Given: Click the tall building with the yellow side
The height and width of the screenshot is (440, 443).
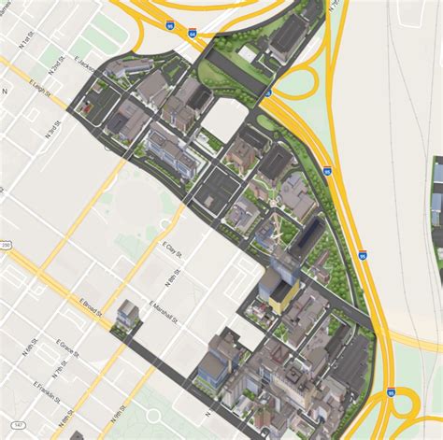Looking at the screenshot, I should (281, 294).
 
